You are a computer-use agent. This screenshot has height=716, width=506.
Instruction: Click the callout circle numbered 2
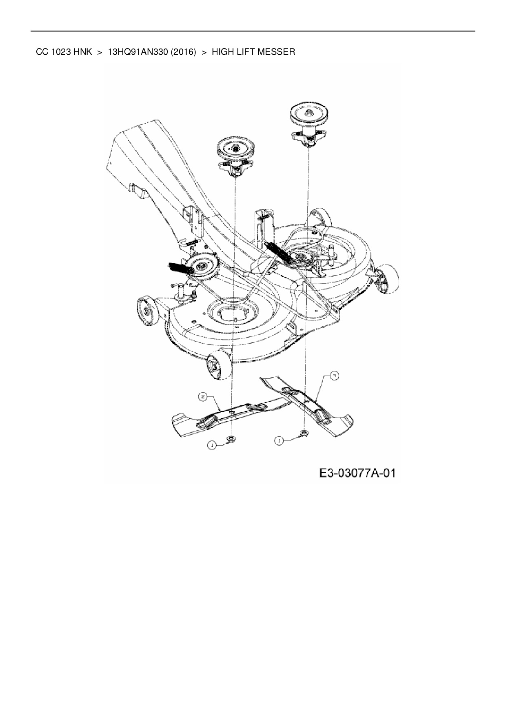pyautogui.click(x=202, y=396)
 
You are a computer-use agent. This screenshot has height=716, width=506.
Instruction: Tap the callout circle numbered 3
pyautogui.click(x=334, y=376)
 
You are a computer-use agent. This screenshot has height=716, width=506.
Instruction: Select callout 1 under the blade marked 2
pyautogui.click(x=211, y=445)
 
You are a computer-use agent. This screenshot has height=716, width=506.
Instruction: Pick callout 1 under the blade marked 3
pyautogui.click(x=279, y=440)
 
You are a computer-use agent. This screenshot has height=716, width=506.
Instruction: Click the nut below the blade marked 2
pyautogui.click(x=231, y=439)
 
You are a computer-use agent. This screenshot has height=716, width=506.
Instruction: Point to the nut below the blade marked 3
pyautogui.click(x=304, y=433)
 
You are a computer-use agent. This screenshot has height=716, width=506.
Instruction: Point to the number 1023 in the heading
pyautogui.click(x=62, y=52)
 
